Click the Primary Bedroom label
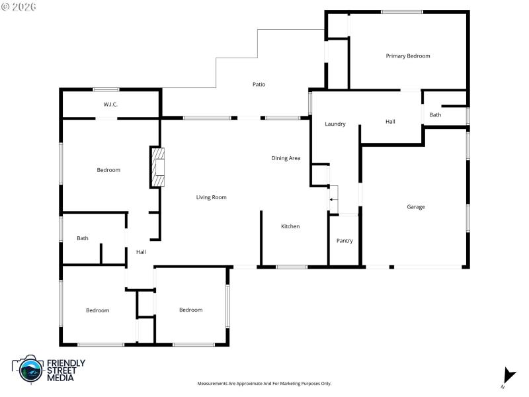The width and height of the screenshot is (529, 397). coord(408,56)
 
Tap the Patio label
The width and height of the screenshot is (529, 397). coord(259,84)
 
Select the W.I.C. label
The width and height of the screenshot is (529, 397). coord(110,105)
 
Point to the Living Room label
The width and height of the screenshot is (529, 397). coord(211,197)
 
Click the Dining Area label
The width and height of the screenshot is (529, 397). coord(286,158)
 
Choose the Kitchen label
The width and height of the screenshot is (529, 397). coord(290,226)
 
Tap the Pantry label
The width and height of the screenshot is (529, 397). coord(345,241)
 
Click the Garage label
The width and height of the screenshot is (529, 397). coord(415,207)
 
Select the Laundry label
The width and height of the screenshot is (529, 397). coord(335,124)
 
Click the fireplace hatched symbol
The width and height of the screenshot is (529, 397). coord(157,168)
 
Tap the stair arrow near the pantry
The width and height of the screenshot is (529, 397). coord(333,198)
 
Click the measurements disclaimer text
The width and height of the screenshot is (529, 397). coord(264,384)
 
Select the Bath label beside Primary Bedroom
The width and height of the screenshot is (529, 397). coord(435,115)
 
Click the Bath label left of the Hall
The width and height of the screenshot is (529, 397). coord(83,238)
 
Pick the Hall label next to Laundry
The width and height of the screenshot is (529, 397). coord(390,122)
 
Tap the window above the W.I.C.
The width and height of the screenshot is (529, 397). coord(106,89)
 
